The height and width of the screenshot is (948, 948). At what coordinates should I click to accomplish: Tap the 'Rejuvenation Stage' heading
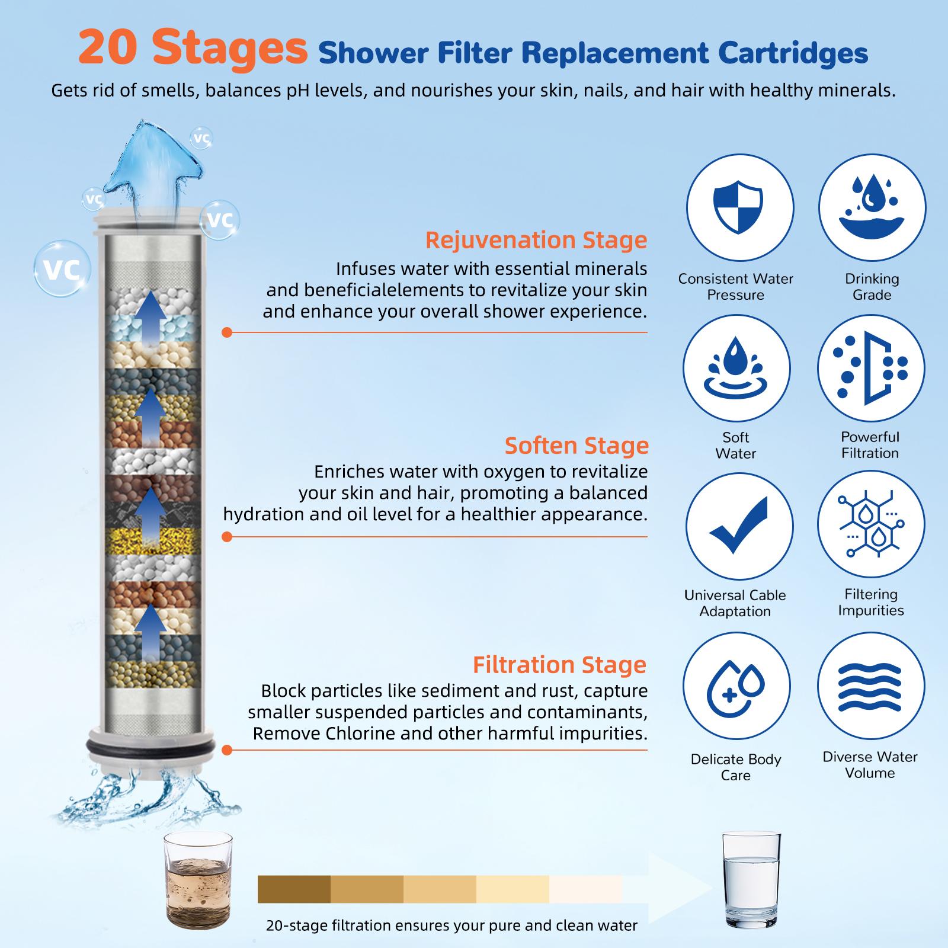(536, 241)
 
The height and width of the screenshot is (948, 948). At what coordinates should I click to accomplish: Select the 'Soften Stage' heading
(576, 446)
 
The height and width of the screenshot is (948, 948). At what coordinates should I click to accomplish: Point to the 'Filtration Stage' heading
(559, 665)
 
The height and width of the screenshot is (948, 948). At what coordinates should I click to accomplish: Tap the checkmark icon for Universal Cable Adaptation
(739, 526)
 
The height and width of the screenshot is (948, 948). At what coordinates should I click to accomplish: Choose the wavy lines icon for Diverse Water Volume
(870, 686)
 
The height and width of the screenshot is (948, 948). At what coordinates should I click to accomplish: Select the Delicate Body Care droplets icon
(736, 686)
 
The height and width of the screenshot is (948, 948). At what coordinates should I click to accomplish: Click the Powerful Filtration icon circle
(870, 368)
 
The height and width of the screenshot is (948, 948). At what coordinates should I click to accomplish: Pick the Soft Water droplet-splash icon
(736, 368)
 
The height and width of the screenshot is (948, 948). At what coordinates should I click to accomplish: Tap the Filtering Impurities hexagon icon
(870, 526)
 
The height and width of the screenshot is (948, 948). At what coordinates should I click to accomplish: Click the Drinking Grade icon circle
(872, 208)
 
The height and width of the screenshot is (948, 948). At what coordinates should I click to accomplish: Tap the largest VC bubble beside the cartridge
(62, 270)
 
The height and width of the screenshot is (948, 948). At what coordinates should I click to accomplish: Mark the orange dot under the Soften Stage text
(226, 537)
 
